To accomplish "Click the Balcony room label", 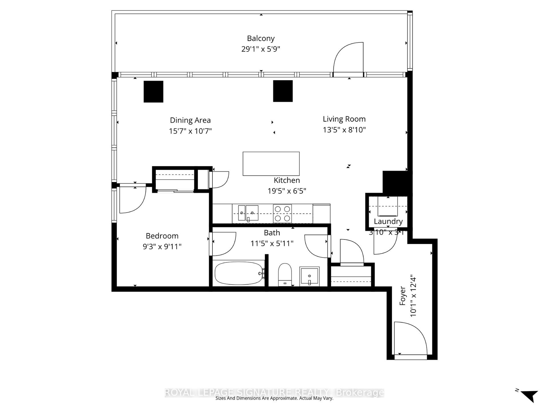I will [x=260, y=38].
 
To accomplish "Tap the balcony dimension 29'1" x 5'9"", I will [x=260, y=49].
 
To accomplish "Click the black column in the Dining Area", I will [x=153, y=92].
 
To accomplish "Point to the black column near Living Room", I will [x=283, y=91].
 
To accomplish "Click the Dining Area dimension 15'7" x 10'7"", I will [x=190, y=131].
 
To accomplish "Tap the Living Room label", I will [x=344, y=119].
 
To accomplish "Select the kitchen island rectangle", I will [x=271, y=164].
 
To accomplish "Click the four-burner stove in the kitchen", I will [x=282, y=213].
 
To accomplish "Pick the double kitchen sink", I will [x=248, y=213].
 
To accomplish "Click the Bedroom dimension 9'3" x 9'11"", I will [x=162, y=246].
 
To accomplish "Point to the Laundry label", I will [x=388, y=221].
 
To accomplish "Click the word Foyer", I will [x=403, y=296].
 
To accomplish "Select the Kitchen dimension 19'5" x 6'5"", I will [x=287, y=191].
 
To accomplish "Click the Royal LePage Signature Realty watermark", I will [x=274, y=393].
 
